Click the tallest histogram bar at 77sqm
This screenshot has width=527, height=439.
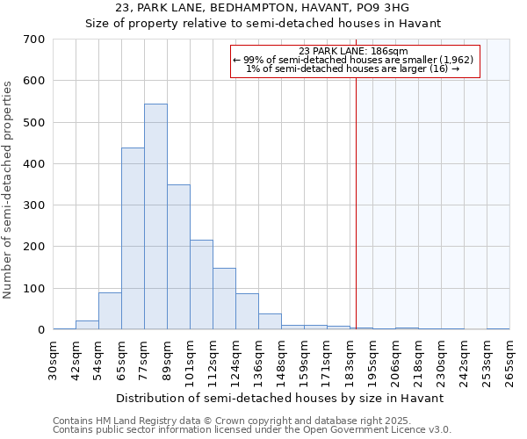(155, 217)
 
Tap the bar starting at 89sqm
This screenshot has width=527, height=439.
(178, 257)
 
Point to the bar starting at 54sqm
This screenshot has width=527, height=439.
(110, 311)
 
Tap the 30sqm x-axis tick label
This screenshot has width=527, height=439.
(54, 362)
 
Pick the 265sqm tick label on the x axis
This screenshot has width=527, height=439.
(510, 362)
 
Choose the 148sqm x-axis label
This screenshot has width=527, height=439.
(282, 362)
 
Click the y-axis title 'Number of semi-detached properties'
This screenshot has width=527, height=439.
(9, 190)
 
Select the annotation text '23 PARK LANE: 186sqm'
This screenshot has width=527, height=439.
(353, 51)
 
